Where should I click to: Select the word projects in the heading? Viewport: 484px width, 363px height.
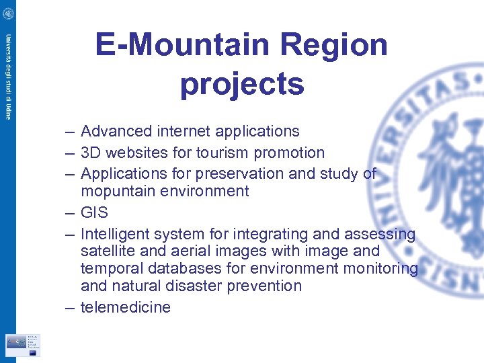point(242,84)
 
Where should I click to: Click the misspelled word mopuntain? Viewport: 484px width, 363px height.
point(118,192)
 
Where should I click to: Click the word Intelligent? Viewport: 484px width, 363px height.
point(115,235)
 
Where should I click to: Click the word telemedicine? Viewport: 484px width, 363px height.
point(126,307)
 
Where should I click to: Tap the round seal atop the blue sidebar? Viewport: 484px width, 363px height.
point(7,11)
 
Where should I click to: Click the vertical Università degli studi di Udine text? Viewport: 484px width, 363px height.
point(7,76)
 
